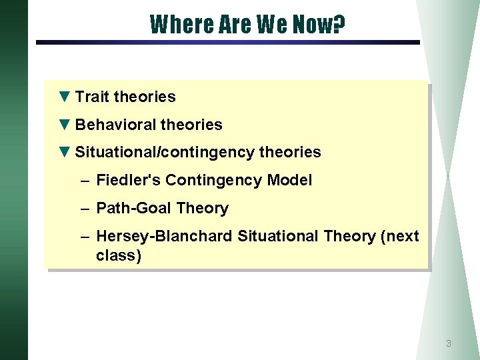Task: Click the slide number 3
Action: point(448,344)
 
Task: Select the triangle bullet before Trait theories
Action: point(64,97)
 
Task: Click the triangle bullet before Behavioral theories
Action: point(64,125)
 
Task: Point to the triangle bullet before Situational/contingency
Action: point(64,152)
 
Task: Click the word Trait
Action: point(92,97)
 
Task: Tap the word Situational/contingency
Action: point(165,153)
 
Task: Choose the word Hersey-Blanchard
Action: point(165,236)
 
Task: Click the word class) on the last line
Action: point(119,256)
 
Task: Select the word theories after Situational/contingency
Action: point(290,153)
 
